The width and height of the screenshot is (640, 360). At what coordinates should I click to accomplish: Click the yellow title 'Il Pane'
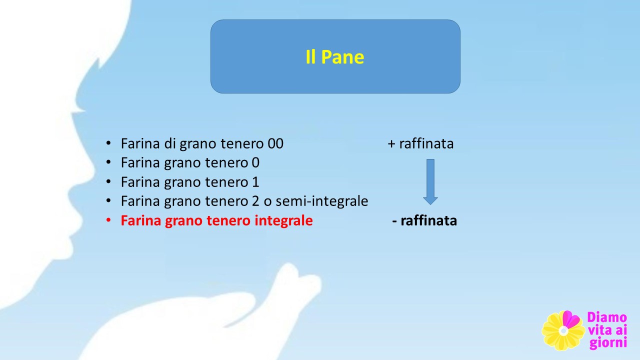pos(335,57)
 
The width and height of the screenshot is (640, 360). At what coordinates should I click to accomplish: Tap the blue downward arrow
pos(430,181)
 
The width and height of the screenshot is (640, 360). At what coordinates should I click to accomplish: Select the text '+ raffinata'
pos(420,143)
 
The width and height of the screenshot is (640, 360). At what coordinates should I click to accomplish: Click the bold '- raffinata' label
pos(424,220)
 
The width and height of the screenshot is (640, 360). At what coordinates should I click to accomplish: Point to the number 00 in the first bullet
pos(275,143)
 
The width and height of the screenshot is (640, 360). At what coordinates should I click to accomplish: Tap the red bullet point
pos(108,220)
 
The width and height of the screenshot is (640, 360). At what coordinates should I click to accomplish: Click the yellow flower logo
pos(563,330)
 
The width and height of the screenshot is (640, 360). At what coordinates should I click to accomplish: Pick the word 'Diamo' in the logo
pos(607,317)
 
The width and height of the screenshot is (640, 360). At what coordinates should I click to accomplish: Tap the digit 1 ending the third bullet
pos(255,182)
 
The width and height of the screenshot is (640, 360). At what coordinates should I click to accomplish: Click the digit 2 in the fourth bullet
pos(255,201)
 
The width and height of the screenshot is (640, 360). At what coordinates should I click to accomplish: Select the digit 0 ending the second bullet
pos(255,163)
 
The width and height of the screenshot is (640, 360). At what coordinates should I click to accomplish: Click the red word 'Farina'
pos(141,220)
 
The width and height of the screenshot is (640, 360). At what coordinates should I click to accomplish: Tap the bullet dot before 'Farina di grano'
pos(108,143)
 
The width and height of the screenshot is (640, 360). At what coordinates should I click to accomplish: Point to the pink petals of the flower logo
pos(571,319)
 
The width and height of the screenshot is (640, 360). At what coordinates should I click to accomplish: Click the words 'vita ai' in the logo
pos(607,330)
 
